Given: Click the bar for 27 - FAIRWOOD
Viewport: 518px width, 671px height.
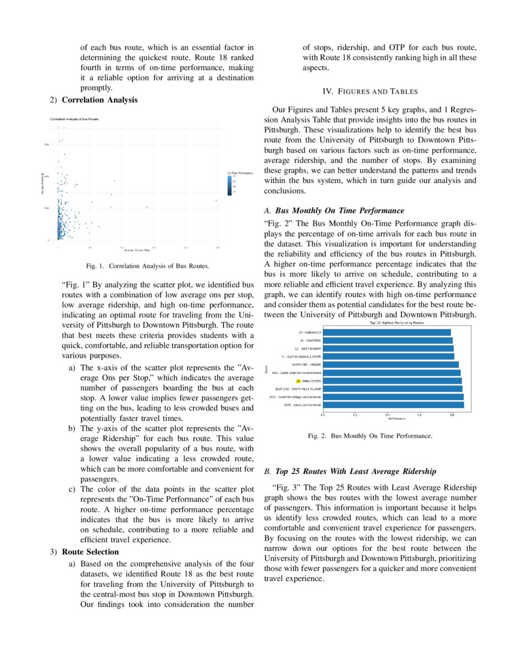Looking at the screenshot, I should point(386,332).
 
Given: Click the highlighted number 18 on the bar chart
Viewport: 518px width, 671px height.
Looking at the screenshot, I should point(299,380).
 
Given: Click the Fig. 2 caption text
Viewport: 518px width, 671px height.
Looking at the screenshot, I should point(370,437).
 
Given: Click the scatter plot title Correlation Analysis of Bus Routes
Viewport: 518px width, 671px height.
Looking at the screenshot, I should point(74,120).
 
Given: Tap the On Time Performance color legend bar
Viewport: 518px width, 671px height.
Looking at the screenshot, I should point(230,184).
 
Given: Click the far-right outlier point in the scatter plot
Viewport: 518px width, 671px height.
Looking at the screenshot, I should point(216,200).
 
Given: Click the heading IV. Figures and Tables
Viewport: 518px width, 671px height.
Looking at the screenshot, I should point(370,91).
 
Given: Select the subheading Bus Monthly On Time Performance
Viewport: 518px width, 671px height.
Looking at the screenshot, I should point(339,210).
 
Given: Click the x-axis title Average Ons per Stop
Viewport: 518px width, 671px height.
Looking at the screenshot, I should point(138,251).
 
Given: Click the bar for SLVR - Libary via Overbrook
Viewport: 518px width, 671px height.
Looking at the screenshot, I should point(393,404).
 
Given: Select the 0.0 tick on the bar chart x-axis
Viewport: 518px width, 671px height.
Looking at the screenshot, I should point(322,414).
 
